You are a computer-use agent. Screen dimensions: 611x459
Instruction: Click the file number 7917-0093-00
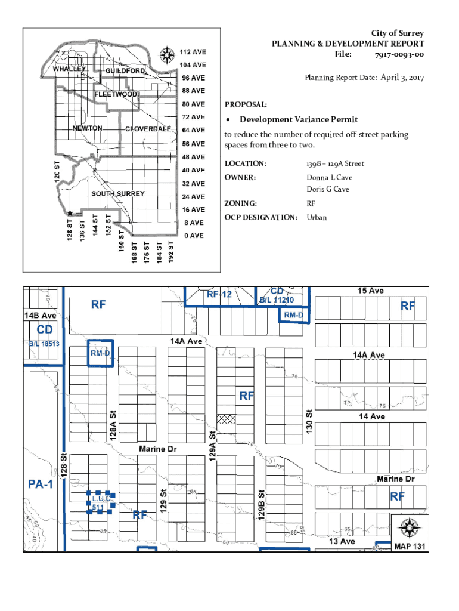(x=399, y=55)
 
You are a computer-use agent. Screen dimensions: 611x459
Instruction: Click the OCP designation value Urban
(x=317, y=217)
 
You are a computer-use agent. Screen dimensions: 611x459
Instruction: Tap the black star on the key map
(x=70, y=213)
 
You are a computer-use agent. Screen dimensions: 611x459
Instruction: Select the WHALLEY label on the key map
(x=70, y=69)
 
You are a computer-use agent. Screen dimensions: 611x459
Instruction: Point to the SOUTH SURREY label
(x=117, y=194)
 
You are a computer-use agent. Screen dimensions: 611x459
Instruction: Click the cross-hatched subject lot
(x=226, y=419)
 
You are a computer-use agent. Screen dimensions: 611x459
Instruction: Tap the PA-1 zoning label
(x=41, y=485)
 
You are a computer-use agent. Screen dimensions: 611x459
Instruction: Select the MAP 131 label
(x=410, y=545)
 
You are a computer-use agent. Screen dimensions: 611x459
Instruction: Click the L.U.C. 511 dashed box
(x=100, y=503)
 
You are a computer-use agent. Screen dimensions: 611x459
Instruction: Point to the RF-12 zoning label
(x=219, y=295)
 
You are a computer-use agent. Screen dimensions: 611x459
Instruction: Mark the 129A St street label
(x=211, y=445)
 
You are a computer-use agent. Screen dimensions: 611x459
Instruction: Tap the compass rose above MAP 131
(x=410, y=528)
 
